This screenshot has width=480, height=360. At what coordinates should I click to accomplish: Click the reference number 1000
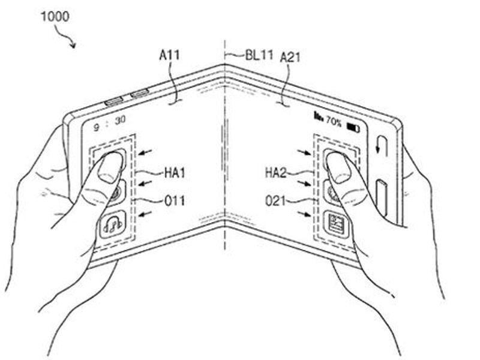point(55,16)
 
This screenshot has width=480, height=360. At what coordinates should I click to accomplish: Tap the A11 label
point(170,55)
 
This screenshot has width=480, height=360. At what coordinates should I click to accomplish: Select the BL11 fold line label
point(259,55)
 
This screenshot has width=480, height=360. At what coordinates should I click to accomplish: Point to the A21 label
point(290,57)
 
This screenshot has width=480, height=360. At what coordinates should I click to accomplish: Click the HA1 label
point(175,173)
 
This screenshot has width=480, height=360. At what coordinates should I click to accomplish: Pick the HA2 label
point(275,173)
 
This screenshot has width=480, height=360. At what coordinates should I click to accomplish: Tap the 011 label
point(175,201)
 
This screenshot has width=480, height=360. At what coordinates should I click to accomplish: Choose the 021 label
point(275,201)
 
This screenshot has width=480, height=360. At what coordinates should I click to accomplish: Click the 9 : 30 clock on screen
point(110,123)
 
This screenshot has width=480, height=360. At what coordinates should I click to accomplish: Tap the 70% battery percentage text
point(334,121)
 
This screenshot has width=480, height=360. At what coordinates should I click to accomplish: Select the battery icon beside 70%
point(353,127)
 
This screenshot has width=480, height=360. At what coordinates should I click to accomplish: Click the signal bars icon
point(319,116)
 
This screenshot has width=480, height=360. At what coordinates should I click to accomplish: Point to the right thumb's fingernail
point(338,168)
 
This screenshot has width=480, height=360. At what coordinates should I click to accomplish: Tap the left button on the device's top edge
point(113,101)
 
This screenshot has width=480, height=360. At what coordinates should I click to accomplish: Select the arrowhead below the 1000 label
point(73,44)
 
